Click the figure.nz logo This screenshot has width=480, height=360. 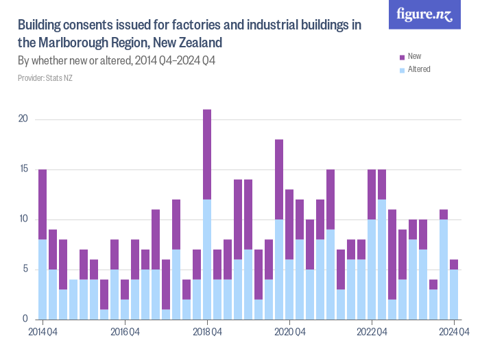click(424, 15)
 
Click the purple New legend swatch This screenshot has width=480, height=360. click(402, 56)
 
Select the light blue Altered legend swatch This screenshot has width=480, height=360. click(402, 69)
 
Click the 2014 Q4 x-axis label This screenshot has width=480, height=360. click(43, 333)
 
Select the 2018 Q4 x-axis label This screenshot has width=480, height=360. click(207, 333)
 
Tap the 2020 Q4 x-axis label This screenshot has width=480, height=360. click(289, 333)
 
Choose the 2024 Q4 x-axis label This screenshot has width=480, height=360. click(454, 333)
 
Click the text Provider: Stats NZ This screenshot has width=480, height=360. click(45, 78)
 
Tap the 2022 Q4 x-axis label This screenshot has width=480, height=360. click(372, 333)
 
